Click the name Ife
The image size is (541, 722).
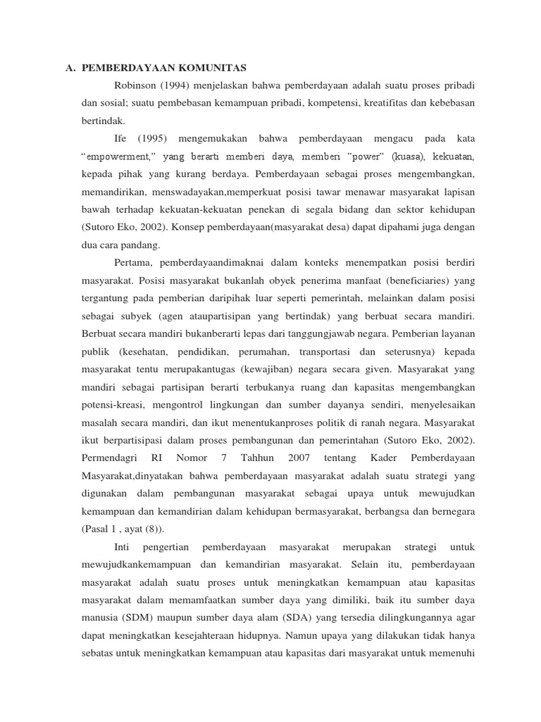coord(120,138)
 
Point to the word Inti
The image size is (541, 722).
coord(123,546)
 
